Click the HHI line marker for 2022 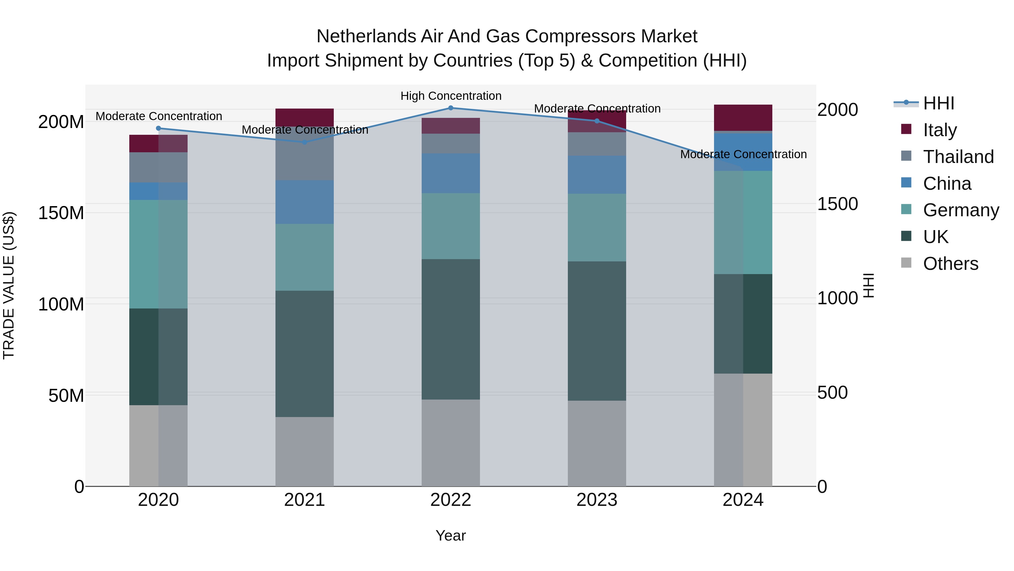pos(451,108)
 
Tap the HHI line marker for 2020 pos(158,128)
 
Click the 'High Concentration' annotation pos(451,96)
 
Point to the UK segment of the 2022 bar pos(451,329)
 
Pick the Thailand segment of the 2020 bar pos(158,167)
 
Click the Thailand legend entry pos(958,157)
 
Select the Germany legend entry pos(960,210)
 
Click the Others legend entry pos(950,264)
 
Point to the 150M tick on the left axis pos(61,213)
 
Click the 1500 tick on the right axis pos(837,204)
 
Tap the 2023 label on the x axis pos(597,500)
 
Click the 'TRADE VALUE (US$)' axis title pos(9,285)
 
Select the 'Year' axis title pos(451,535)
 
